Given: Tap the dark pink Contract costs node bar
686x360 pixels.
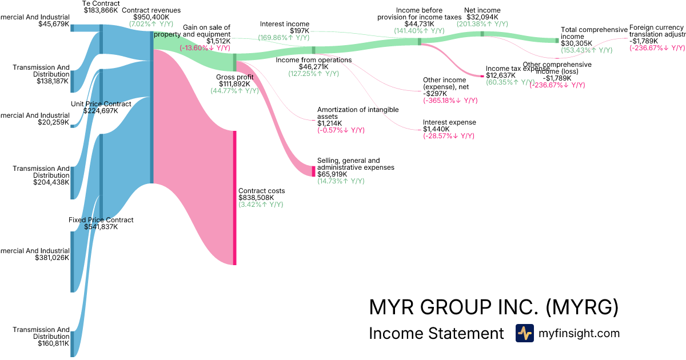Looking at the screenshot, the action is tap(234, 198).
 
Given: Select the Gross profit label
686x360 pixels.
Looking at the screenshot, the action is tap(234, 77).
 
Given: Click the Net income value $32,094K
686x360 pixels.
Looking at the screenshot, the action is tap(482, 17).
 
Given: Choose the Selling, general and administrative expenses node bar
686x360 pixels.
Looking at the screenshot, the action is tap(313, 171).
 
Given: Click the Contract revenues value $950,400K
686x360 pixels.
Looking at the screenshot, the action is tap(151, 17).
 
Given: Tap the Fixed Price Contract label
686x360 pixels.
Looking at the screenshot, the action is tap(101, 220).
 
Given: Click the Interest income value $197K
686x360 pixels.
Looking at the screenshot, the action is tap(300, 31).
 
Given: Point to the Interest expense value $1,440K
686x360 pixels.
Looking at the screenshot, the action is tap(436, 129).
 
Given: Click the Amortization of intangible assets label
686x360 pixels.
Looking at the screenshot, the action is tap(358, 113).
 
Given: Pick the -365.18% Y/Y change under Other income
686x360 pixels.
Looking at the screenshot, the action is tap(450, 101).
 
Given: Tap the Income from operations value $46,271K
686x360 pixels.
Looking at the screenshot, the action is tap(314, 66).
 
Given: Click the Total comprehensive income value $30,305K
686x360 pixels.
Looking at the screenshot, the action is tap(577, 43).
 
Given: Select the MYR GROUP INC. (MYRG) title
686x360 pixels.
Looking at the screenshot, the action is tap(494, 307).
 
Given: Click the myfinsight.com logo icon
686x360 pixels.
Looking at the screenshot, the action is tap(524, 333).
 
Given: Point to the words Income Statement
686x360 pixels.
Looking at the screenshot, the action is tap(437, 334).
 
